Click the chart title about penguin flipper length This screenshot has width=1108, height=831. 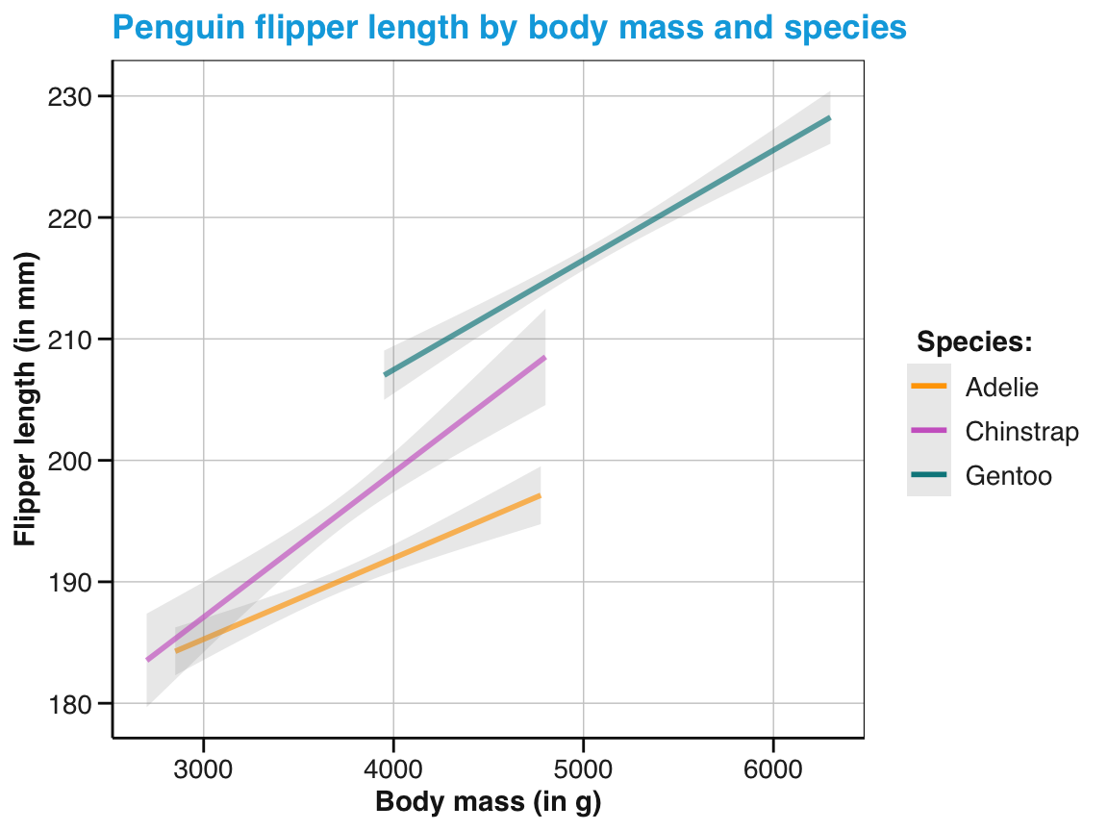tap(509, 28)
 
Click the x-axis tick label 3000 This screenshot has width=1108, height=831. tap(203, 770)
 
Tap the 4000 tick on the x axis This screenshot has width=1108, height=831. tap(393, 770)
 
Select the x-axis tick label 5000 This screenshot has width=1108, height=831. tap(584, 770)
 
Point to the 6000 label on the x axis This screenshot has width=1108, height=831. tap(774, 770)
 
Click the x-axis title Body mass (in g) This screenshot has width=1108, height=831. tap(488, 803)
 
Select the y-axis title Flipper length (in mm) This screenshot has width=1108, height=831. tap(26, 400)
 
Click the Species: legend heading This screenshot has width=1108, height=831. tap(974, 342)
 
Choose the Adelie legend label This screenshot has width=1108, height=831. tap(1002, 387)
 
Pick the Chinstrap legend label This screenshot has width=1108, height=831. tap(1022, 432)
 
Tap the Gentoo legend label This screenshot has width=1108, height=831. tap(1009, 476)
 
